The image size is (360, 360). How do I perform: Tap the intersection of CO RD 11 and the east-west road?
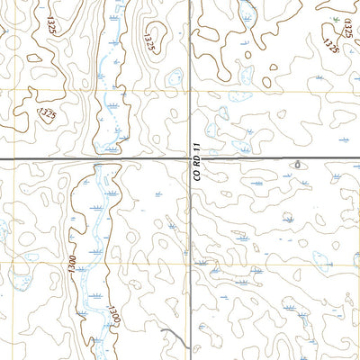click(188, 159)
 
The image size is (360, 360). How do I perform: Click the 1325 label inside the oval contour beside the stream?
click(149, 39)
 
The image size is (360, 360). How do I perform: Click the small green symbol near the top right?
click(335, 17)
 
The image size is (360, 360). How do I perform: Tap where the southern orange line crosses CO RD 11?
click(188, 264)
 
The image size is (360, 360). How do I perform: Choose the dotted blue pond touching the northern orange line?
click(241, 92)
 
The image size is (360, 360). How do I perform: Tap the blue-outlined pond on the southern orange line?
click(321, 264)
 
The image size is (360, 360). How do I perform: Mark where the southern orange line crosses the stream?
click(90, 264)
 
